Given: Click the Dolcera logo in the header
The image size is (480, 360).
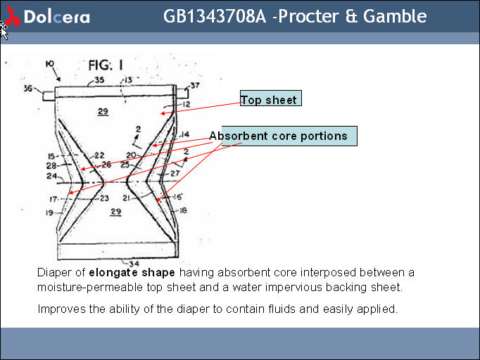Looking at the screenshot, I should [x=48, y=16].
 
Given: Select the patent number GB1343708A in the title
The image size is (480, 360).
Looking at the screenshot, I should [x=215, y=15].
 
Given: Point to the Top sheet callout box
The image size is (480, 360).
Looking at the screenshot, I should [x=270, y=100].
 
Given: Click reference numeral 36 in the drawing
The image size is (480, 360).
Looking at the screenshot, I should [x=28, y=89].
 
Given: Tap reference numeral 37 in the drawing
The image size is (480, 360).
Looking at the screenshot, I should [x=195, y=86].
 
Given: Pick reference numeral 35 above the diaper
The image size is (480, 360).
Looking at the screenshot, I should [x=99, y=80].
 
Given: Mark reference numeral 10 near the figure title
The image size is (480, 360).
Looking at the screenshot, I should [x=50, y=64].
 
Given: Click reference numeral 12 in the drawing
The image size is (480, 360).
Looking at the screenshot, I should [x=186, y=105].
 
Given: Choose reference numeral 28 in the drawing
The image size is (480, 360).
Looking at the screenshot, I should [x=51, y=165].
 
